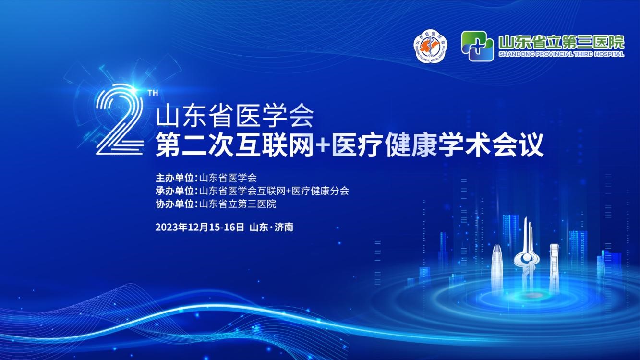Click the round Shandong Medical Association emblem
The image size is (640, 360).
click(430, 46)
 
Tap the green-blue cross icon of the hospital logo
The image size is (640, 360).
click(477, 46)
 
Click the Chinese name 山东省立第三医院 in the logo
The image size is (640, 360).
click(561, 41)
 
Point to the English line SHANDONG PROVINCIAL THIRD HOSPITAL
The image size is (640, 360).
click(561, 54)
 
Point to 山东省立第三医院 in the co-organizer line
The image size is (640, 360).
click(238, 204)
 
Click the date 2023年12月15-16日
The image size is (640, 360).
click(200, 227)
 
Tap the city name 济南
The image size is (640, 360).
click(284, 227)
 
